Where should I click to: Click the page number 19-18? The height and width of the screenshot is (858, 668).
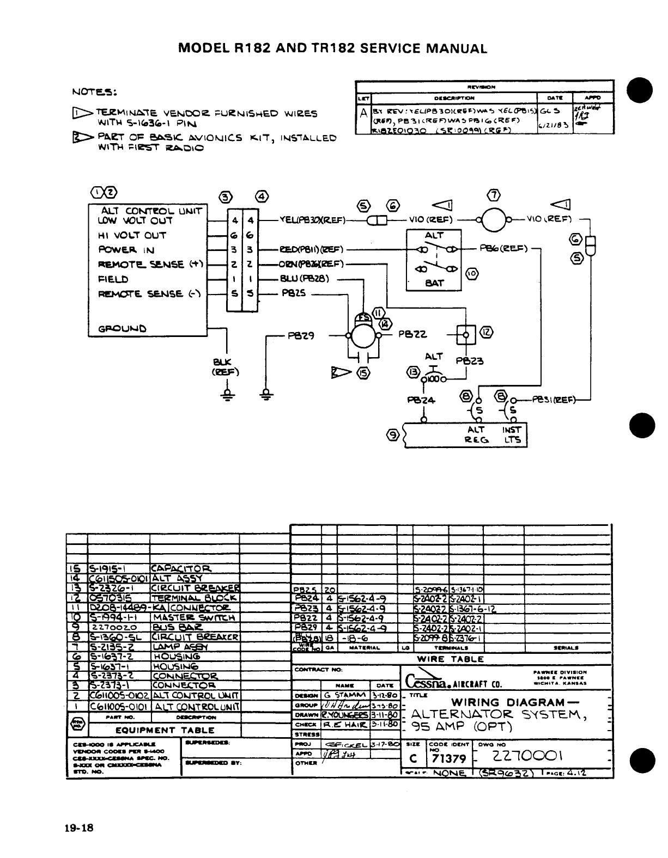click(79, 828)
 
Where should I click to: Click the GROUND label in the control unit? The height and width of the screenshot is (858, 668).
click(122, 328)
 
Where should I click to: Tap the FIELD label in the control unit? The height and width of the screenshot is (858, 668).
click(113, 279)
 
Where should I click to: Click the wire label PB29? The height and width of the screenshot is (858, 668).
click(301, 336)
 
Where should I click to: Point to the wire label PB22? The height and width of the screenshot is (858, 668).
click(412, 334)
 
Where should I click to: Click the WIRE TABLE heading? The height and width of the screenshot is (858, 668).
click(450, 658)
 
